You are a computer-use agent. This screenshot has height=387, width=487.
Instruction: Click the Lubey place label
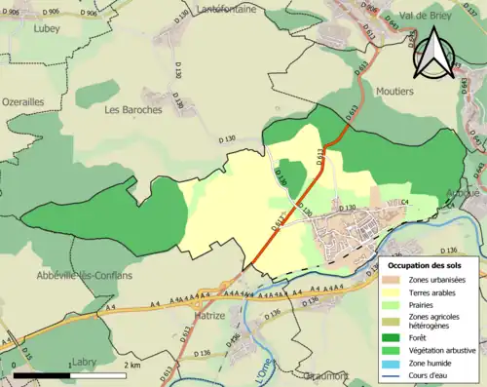[46, 28]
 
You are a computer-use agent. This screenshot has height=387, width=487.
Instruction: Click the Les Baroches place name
[132, 109]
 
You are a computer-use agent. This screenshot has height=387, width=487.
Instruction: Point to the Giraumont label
[322, 373]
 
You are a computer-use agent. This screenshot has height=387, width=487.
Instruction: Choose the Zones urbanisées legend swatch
[393, 280]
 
